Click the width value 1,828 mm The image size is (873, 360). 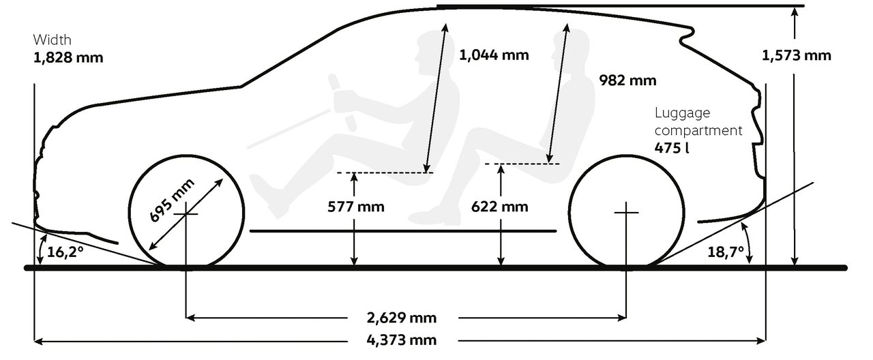(68, 58)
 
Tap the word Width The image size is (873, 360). (53, 40)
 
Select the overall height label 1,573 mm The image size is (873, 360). (796, 56)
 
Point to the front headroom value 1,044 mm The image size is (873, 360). (494, 55)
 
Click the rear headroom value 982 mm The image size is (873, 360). (627, 80)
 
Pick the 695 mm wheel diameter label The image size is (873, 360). (171, 200)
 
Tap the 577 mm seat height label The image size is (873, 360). (356, 207)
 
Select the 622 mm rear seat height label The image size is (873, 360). (500, 207)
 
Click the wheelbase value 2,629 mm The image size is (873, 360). (402, 318)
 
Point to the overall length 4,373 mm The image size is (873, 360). (402, 340)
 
